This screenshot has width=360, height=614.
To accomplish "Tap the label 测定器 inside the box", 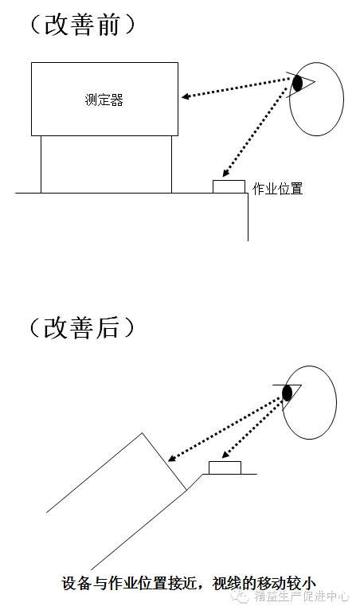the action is [104, 100].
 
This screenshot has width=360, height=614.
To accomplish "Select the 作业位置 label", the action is [278, 189].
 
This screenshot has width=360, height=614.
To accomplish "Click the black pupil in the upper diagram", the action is [298, 84].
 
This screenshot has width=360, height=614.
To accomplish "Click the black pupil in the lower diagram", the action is [288, 393].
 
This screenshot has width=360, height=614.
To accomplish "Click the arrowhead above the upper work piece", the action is [225, 173].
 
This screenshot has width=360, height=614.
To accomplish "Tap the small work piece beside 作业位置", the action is [229, 186].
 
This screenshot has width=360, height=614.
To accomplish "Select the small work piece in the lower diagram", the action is [225, 467].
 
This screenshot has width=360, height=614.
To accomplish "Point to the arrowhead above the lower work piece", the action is [225, 455].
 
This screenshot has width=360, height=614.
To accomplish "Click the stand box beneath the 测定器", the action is [106, 164].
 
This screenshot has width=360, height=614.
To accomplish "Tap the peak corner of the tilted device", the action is [143, 432].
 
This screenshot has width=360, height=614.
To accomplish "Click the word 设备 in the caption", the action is [76, 584].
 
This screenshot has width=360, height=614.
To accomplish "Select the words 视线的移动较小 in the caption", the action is [264, 584].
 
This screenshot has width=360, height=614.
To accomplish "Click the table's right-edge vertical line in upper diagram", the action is [248, 217].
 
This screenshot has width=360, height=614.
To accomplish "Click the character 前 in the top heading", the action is [107, 25].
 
